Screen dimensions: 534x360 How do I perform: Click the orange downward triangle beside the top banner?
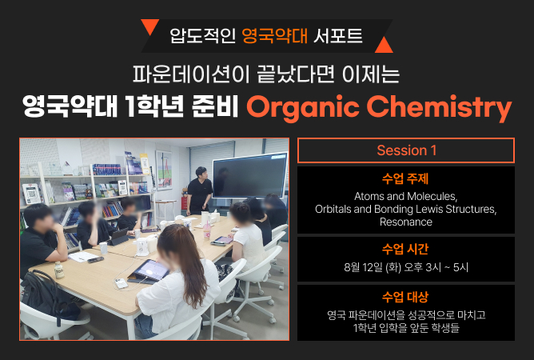point(149,26)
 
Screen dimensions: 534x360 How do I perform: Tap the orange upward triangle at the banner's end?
point(384,46)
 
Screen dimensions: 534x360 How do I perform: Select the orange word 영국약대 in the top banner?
point(275,36)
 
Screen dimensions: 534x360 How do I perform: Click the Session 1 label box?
point(406,150)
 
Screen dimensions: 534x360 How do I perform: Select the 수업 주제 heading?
point(405,178)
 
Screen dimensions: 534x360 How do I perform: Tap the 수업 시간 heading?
point(405,250)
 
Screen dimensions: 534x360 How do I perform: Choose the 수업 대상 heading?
point(405,297)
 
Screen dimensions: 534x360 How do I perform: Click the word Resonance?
point(406,222)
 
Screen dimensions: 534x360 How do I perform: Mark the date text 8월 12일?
point(364,267)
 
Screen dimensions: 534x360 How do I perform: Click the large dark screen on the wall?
point(250,176)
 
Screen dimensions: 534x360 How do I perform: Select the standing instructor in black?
point(200,190)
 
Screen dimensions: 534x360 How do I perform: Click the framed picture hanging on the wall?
point(163,170)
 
